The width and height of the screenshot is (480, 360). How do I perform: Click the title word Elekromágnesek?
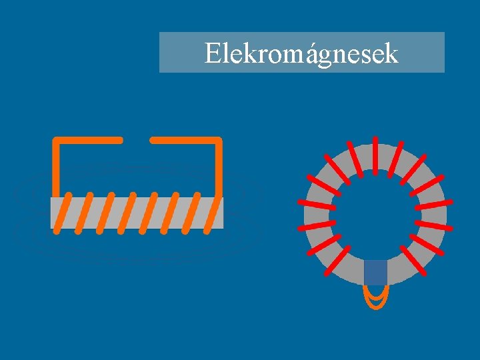(x=301, y=53)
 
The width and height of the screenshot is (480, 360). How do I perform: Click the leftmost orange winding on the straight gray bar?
(x=62, y=213)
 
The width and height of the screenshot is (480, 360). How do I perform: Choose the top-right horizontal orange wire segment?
(x=185, y=140)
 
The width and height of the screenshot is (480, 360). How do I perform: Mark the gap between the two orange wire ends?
(x=137, y=140)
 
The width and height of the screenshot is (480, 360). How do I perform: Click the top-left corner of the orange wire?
(x=57, y=141)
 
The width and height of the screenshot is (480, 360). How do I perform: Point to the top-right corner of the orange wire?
(x=219, y=141)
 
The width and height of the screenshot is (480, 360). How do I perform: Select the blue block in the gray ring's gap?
(x=375, y=272)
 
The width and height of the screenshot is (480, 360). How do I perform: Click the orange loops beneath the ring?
(x=375, y=297)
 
